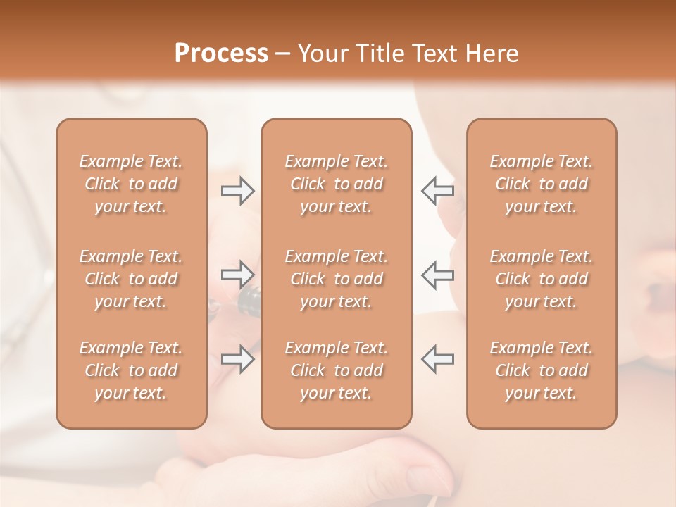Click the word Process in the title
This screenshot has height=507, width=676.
point(221,54)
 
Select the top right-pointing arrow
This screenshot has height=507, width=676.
point(237,190)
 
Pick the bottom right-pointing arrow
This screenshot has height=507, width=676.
point(237,359)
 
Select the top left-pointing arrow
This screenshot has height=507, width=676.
point(438,190)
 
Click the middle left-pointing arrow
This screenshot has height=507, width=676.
point(438,275)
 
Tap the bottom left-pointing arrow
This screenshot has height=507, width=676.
point(438,359)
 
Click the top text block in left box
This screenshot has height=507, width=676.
point(131,184)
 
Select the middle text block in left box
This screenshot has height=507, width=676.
point(131,279)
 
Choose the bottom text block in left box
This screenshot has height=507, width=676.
point(131,370)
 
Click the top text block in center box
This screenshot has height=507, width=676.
point(336,184)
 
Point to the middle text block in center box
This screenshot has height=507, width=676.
point(336,279)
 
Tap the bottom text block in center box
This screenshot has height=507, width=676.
point(336,370)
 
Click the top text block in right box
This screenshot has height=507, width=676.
point(541,184)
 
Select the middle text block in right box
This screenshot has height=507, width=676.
point(541,279)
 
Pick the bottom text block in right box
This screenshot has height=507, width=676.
point(541,370)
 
